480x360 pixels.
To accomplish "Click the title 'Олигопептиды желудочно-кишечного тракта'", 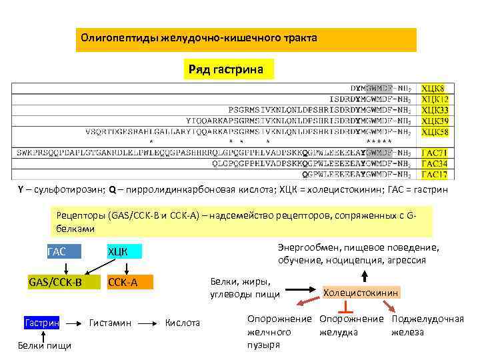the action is [x=199, y=38].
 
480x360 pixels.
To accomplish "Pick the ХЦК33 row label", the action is [x=434, y=110].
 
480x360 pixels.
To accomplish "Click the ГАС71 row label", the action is [x=434, y=153].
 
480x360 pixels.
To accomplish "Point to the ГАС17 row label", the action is [x=434, y=174].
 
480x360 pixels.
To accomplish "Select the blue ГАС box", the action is [x=64, y=252].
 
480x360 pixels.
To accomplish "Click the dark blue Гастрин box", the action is [x=42, y=323].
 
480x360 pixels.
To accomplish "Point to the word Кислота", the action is [x=183, y=323].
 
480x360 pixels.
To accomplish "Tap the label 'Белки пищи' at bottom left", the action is [x=45, y=345].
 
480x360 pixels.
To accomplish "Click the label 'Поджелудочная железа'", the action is [x=427, y=325].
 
